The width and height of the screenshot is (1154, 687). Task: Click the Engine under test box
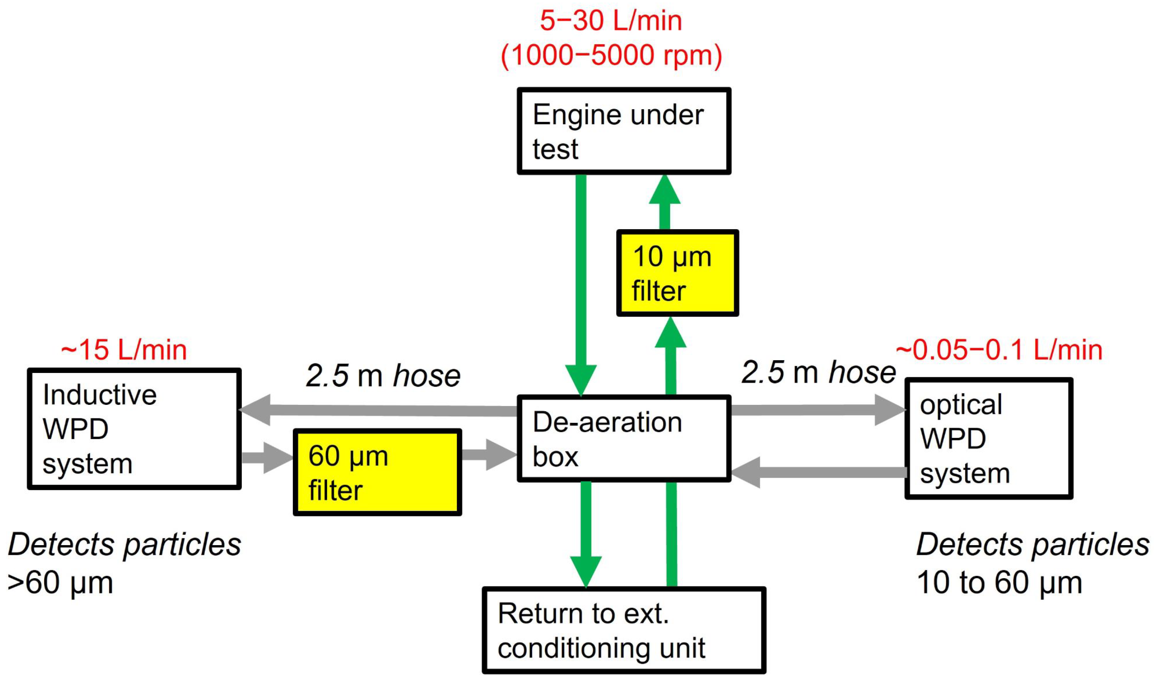pos(623,131)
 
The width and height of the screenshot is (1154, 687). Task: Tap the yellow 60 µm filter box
pos(377,472)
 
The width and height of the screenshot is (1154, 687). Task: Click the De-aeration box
pos(623,438)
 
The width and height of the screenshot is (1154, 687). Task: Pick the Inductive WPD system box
pos(134,429)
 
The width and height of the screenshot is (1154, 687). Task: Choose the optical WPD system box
pos(988,438)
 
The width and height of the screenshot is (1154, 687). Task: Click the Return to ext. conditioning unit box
pos(623,630)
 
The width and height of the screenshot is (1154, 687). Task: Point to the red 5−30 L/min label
pos(611,21)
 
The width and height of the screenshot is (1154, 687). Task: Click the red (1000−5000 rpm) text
pos(611,55)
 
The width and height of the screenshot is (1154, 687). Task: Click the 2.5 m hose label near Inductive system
pos(383,375)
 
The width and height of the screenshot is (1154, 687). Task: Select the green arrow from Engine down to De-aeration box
pos(581,278)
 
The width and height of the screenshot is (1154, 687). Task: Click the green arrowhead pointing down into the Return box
pos(586,569)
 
